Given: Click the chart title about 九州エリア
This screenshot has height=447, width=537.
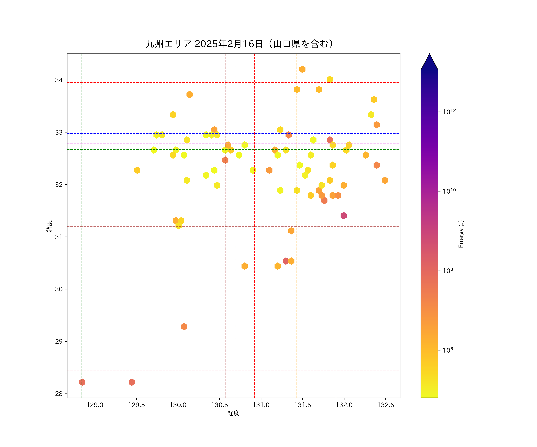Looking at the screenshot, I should (x=240, y=44).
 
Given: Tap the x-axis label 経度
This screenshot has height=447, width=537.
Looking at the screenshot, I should (x=233, y=413).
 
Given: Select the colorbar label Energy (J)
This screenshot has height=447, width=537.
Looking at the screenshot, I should (x=461, y=234).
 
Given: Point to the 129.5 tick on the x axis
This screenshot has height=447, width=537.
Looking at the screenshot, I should (x=136, y=405).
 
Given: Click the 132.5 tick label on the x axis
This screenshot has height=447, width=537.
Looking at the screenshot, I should (x=386, y=405).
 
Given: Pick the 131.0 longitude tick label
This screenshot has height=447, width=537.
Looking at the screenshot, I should (x=261, y=405).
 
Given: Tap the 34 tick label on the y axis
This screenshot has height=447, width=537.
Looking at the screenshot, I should (x=59, y=80).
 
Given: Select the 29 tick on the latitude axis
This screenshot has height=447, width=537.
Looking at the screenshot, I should (x=59, y=342).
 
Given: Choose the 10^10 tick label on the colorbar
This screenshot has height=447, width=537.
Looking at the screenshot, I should (x=449, y=191).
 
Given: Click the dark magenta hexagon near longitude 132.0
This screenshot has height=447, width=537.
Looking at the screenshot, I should (x=343, y=216).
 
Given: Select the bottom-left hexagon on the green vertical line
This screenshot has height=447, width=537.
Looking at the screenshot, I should (x=82, y=382).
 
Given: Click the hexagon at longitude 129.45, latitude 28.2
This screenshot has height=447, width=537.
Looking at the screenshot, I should (x=132, y=382).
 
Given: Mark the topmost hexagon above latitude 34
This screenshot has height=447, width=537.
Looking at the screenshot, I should (x=302, y=69).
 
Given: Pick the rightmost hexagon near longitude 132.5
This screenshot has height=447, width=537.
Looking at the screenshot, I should (x=385, y=180).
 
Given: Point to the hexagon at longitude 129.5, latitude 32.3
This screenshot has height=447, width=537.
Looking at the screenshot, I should (x=137, y=170).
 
